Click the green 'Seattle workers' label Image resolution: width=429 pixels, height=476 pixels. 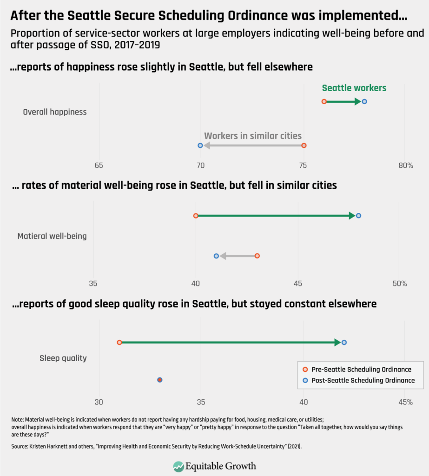click(354, 88)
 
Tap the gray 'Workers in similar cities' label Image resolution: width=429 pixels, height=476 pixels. click(253, 136)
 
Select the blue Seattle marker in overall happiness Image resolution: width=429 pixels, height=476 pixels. click(364, 101)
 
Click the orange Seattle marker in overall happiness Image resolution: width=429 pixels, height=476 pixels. click(324, 101)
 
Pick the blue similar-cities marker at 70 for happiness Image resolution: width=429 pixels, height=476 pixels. click(200, 145)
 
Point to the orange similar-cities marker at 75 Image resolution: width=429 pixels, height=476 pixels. click(304, 145)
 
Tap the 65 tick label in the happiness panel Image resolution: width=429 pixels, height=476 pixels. click(99, 165)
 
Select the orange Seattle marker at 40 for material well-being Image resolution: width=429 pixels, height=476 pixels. click(196, 216)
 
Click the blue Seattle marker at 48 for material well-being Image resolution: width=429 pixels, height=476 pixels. click(358, 216)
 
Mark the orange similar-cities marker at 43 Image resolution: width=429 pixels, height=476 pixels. click(257, 256)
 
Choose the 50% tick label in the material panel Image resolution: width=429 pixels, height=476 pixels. click(399, 283)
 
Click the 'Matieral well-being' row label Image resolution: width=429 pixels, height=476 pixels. click(52, 236)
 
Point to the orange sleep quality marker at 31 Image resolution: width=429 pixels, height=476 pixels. click(119, 342)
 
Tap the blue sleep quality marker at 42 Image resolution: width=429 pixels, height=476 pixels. click(344, 342)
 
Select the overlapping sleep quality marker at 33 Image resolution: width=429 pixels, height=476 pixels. click(160, 380)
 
